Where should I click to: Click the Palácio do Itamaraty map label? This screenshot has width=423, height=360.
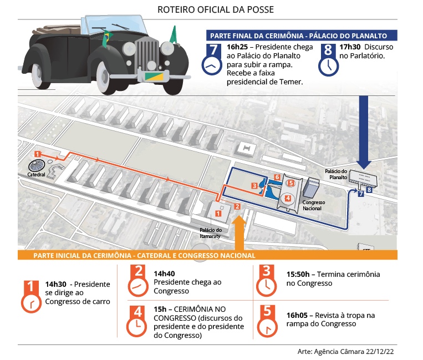click(211, 233)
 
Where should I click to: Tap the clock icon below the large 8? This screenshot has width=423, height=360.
click(328, 67)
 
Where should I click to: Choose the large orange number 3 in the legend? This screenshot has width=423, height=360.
click(267, 272)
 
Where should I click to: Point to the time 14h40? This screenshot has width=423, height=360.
click(165, 273)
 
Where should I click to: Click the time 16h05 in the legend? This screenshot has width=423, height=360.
click(298, 315)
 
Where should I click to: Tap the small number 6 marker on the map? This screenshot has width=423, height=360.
click(277, 176)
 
